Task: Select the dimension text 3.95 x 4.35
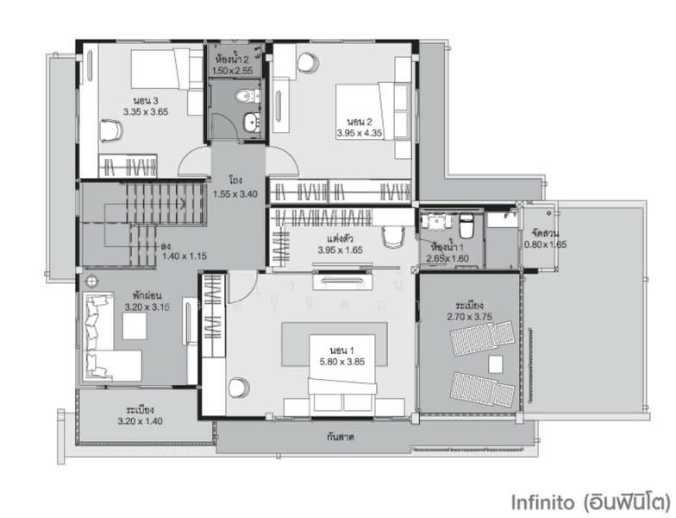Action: (x=360, y=133)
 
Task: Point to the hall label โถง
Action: (x=235, y=181)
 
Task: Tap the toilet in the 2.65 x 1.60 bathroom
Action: (x=466, y=227)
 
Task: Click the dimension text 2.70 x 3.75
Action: (x=469, y=318)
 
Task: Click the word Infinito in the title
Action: (x=543, y=501)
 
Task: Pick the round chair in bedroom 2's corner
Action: (x=307, y=61)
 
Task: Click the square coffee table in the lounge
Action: (x=135, y=325)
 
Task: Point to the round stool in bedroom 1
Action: (x=239, y=388)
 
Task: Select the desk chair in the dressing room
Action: (x=392, y=235)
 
